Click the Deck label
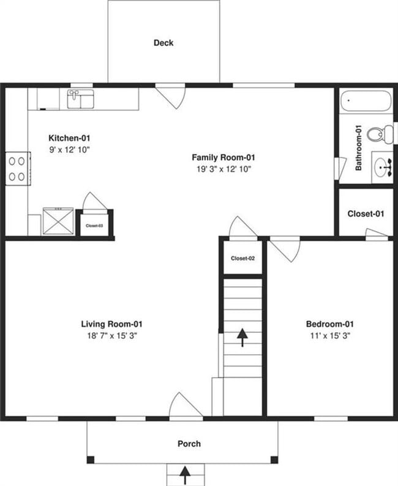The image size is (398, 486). point(163,43)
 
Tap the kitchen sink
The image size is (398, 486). point(80,99)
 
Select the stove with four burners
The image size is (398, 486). point(17,169)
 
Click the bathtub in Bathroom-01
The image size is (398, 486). point(366,101)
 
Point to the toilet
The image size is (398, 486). point(384,133)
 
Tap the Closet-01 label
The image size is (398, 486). point(366,214)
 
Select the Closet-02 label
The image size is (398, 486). point(242,258)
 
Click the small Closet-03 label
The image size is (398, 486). point(94,226)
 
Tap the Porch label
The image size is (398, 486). point(189,444)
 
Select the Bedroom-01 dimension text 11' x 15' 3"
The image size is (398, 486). point(330,335)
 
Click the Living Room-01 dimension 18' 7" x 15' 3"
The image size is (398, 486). point(112,335)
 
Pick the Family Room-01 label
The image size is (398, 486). point(223,158)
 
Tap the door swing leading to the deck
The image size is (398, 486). point(170,96)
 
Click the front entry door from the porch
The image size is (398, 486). point(185,408)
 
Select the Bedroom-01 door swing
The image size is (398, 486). point(284,249)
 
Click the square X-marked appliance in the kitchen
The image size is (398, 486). point(58,221)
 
